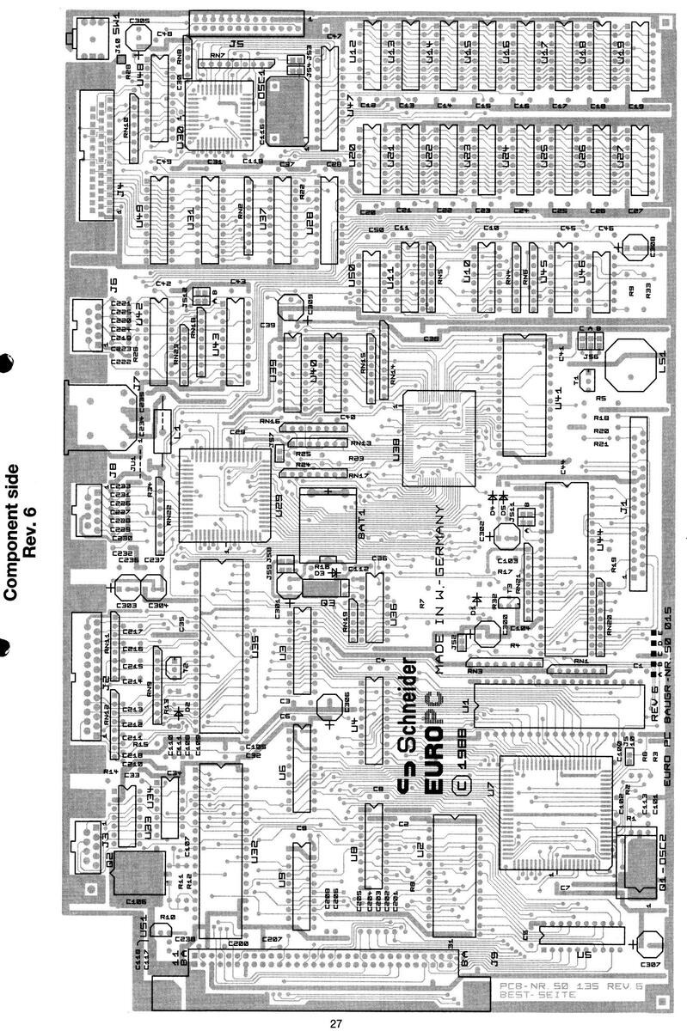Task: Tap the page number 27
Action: [335, 1022]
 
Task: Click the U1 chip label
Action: [465, 705]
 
